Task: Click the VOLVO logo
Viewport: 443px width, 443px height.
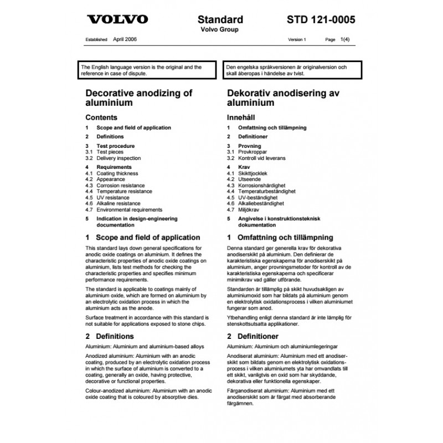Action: pos(117,20)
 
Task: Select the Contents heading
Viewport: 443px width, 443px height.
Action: pos(101,117)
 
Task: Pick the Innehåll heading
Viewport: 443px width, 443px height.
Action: pos(242,117)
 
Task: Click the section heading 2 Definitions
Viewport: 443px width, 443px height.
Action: pos(110,336)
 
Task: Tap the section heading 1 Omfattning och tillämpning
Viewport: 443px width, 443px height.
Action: pos(280,237)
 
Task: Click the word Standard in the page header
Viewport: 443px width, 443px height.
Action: pos(224,20)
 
